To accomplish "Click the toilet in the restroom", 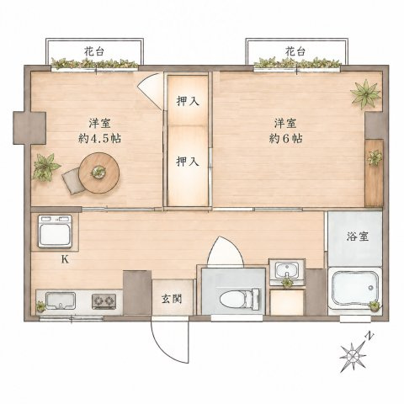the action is tap(240, 299).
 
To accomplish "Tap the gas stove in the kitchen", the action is tap(104, 301).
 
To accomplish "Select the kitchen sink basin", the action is tap(61, 300).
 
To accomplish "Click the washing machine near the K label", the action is tap(55, 231).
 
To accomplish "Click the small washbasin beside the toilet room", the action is tap(287, 270).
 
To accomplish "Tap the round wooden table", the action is tap(99, 173).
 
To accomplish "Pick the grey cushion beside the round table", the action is tap(73, 181).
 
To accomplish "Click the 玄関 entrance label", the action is tap(172, 300).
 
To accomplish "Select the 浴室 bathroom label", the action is tap(357, 237).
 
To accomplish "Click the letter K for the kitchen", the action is tap(65, 260).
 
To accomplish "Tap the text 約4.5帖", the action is tap(99, 138).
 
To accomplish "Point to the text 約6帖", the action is tap(285, 138).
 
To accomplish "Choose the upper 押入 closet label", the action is tap(188, 101).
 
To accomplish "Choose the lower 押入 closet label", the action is tap(188, 162).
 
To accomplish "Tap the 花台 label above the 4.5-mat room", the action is tap(94, 52).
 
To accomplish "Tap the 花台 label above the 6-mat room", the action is tap(295, 51).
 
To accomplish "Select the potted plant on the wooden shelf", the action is tap(375, 157).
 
